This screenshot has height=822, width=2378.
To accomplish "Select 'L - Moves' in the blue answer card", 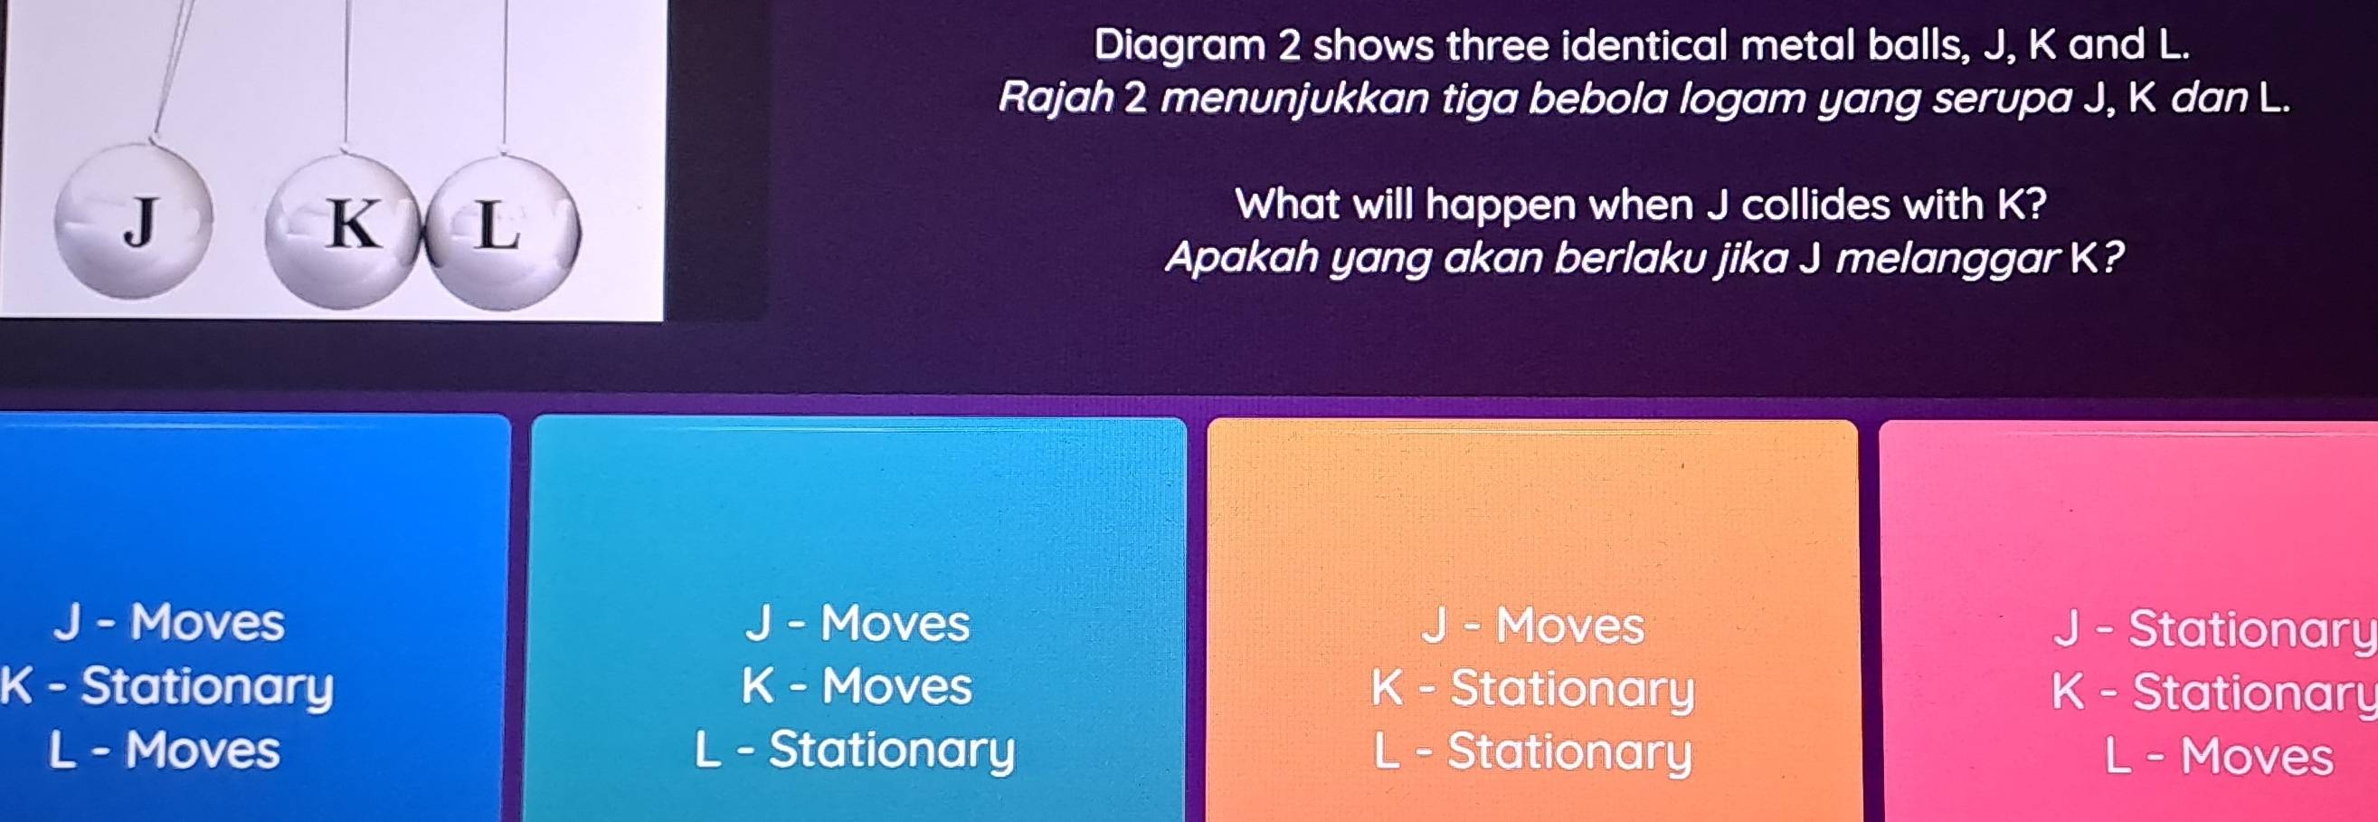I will pyautogui.click(x=165, y=750).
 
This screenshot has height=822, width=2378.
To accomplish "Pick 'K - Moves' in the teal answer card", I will pyautogui.click(x=857, y=687).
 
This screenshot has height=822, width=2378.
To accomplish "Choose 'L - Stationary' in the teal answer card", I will pyautogui.click(x=855, y=750).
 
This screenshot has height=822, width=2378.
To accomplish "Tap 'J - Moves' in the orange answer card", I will pyautogui.click(x=1533, y=626).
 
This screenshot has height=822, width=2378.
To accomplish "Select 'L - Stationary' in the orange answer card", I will pyautogui.click(x=1533, y=751).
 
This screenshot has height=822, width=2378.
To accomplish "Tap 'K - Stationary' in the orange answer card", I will pyautogui.click(x=1533, y=689).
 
